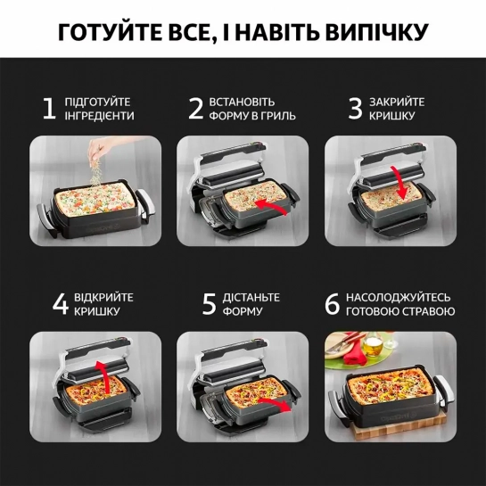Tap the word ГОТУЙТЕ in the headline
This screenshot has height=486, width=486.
(110, 31)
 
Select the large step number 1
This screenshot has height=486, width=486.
(49, 109)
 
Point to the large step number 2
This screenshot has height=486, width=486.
(196, 109)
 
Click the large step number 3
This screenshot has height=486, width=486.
(355, 109)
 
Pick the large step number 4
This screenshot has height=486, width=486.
(61, 304)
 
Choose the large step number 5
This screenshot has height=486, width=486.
(209, 304)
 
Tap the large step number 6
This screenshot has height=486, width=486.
(333, 304)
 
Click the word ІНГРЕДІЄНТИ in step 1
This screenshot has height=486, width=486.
(100, 116)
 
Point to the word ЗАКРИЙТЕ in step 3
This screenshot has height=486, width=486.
(397, 102)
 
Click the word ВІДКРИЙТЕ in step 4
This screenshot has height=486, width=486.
(103, 298)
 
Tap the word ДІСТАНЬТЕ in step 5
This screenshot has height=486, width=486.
(251, 298)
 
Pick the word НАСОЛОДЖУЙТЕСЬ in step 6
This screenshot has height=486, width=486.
(399, 298)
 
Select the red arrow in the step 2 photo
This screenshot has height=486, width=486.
(270, 206)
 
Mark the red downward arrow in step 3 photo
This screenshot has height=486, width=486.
(400, 183)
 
